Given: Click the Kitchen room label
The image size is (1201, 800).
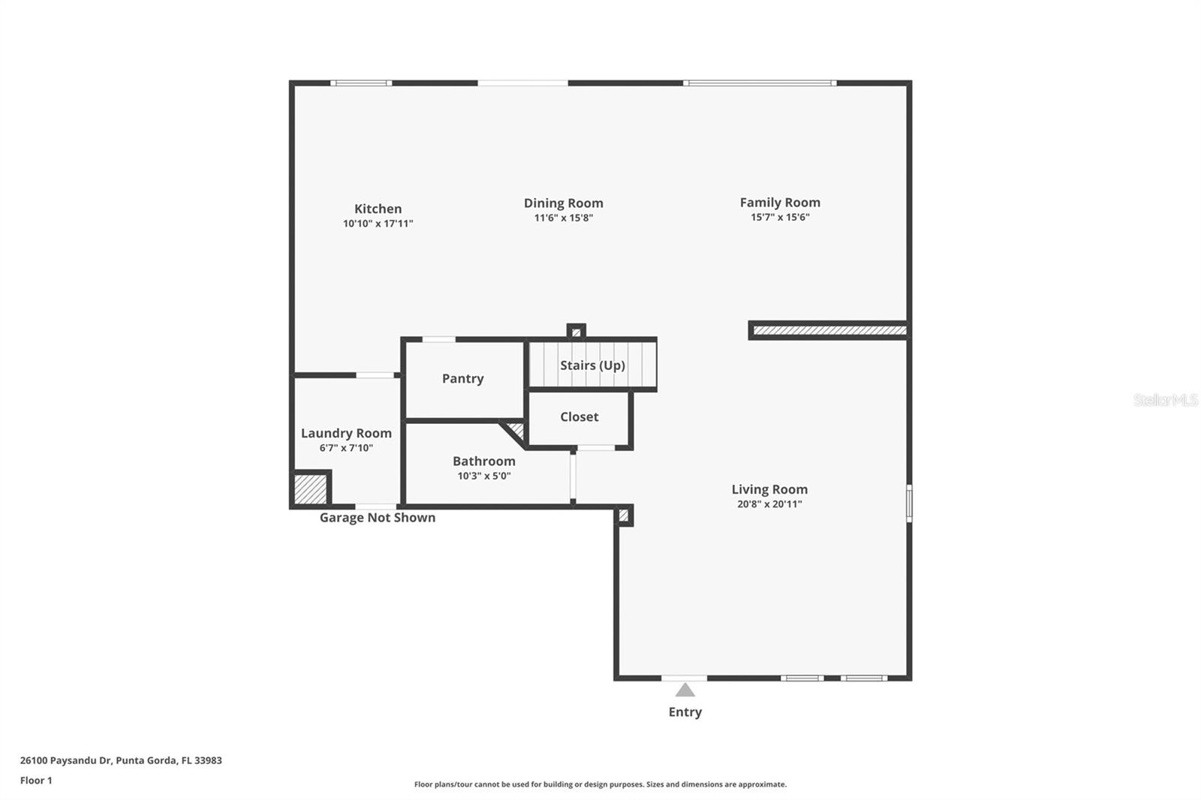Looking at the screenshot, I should point(378,209).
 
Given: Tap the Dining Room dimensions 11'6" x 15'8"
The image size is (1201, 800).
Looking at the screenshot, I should point(563,218).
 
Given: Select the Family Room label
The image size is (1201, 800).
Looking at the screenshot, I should point(780,202).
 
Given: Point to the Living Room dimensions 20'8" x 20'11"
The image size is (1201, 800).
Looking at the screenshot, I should point(769,504).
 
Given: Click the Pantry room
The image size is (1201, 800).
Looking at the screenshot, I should point(462,378).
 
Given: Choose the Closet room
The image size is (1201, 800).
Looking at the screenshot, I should point(579,417).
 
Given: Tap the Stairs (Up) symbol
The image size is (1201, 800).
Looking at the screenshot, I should point(592,365).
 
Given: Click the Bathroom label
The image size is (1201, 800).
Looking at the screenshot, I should point(483,461).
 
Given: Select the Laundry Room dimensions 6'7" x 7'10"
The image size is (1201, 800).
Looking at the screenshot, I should point(346,448).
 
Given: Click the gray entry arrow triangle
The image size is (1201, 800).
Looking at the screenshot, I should point(685,690).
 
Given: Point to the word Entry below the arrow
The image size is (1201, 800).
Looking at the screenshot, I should point(685,712).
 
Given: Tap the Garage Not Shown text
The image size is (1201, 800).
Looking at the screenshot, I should point(377,518).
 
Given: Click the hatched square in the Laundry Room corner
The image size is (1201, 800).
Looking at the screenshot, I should point(310,489).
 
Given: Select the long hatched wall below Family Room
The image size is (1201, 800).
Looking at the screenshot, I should point(829,330).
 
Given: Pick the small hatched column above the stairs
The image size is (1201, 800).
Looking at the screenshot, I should point(576,332).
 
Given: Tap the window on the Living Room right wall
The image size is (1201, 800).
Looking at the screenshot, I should point(909,503).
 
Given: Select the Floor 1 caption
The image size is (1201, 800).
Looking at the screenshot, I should point(36,780).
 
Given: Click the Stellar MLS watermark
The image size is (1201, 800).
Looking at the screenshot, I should point(1165,400).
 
